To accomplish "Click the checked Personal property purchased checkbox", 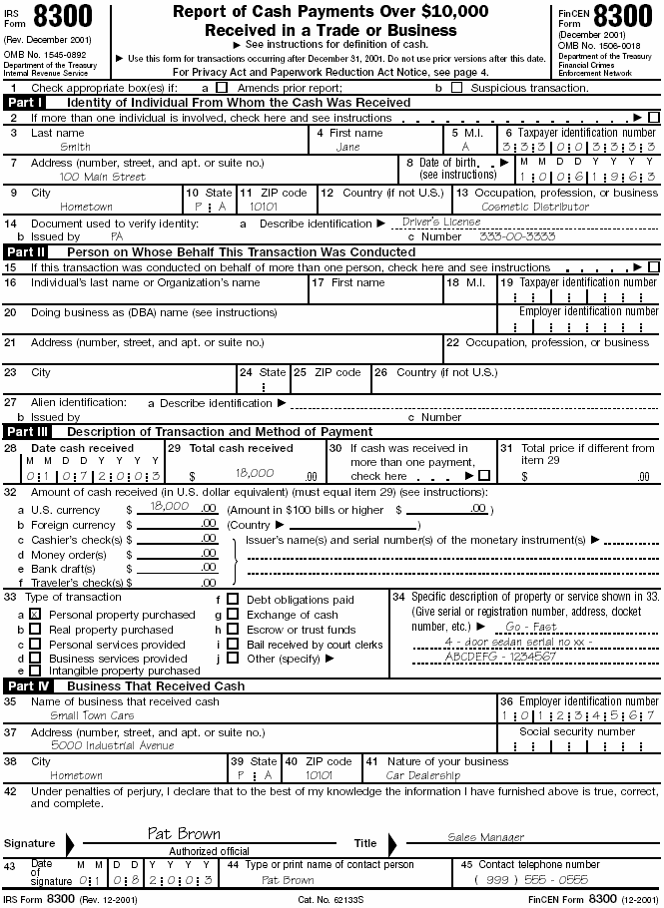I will [35, 616].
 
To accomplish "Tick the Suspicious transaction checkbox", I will [457, 89].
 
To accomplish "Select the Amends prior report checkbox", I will [222, 89].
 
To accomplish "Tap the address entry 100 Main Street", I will [102, 177].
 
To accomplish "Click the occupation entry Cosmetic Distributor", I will [535, 207].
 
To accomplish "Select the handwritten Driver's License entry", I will [441, 222].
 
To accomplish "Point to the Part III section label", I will [25, 432].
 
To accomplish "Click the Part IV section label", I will [25, 686].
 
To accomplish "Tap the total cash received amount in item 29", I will [254, 475].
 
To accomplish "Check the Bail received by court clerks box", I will [233, 645].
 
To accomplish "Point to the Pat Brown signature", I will [184, 833].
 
